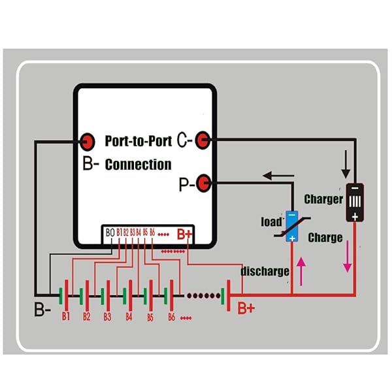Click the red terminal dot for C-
(x=203, y=139)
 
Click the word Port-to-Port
(x=139, y=140)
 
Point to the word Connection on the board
(x=138, y=164)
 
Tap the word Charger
(x=324, y=199)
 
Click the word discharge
(x=265, y=270)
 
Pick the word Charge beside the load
(x=325, y=237)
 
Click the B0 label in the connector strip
(x=109, y=233)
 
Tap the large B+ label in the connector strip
(x=184, y=234)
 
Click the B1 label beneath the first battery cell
(x=65, y=316)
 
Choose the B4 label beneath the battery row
(x=129, y=317)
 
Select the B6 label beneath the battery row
(x=171, y=317)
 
